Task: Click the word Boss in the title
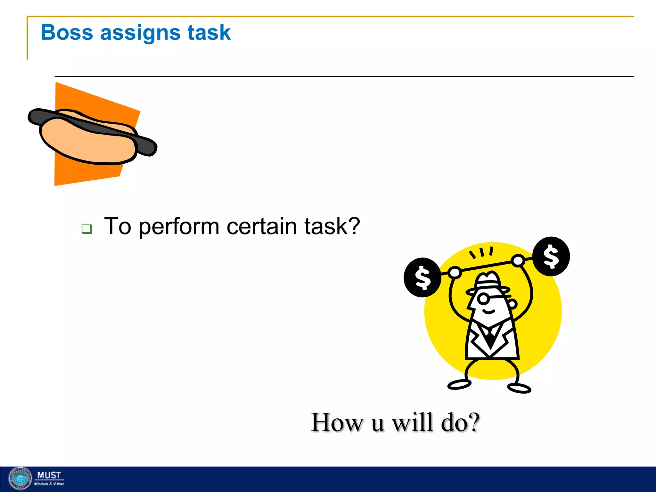coord(67,32)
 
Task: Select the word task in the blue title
coord(209,32)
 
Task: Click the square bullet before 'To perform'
coord(86,229)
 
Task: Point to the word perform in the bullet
coord(179,227)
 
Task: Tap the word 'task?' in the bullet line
coord(332,226)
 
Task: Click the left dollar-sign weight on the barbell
coord(422,277)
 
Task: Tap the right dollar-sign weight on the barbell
coord(551,256)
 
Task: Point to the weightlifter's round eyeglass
coord(483,299)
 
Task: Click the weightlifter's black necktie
coord(490,339)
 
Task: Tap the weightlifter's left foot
coord(459,384)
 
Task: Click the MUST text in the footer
coord(49,475)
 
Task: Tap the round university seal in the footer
coord(20,478)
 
